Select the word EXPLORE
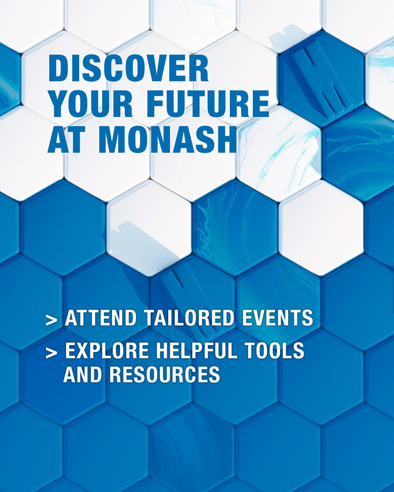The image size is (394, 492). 104,352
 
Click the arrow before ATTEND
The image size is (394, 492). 51,320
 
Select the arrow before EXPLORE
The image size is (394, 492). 51,353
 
